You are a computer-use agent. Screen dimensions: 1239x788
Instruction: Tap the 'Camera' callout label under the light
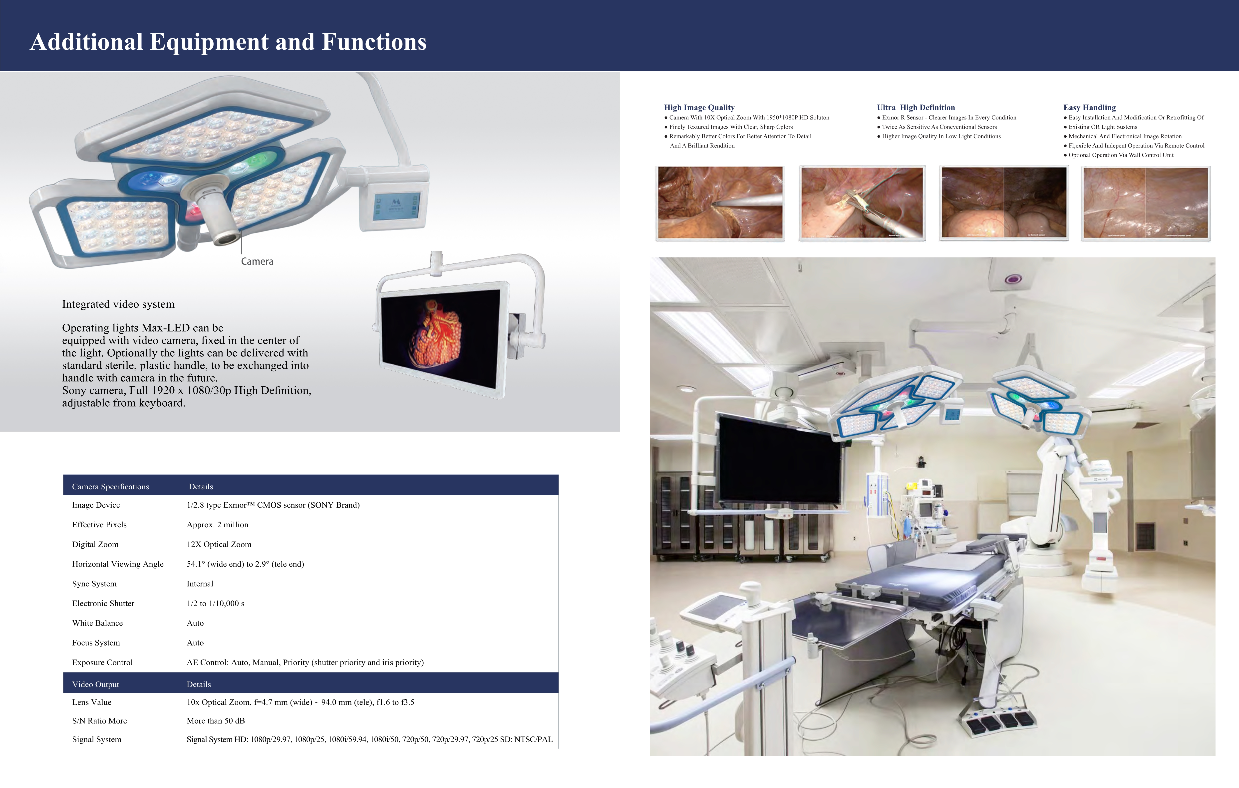point(257,261)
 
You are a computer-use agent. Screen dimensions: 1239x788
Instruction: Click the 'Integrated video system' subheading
point(118,304)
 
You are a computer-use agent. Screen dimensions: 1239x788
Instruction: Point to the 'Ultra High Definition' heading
point(916,107)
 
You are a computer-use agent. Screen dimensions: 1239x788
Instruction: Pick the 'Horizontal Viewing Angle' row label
point(118,564)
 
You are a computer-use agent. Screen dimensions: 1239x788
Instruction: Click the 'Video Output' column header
point(96,685)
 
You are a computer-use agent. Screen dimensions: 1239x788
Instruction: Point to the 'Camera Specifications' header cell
point(111,487)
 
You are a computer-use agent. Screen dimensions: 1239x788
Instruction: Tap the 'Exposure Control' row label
point(102,662)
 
